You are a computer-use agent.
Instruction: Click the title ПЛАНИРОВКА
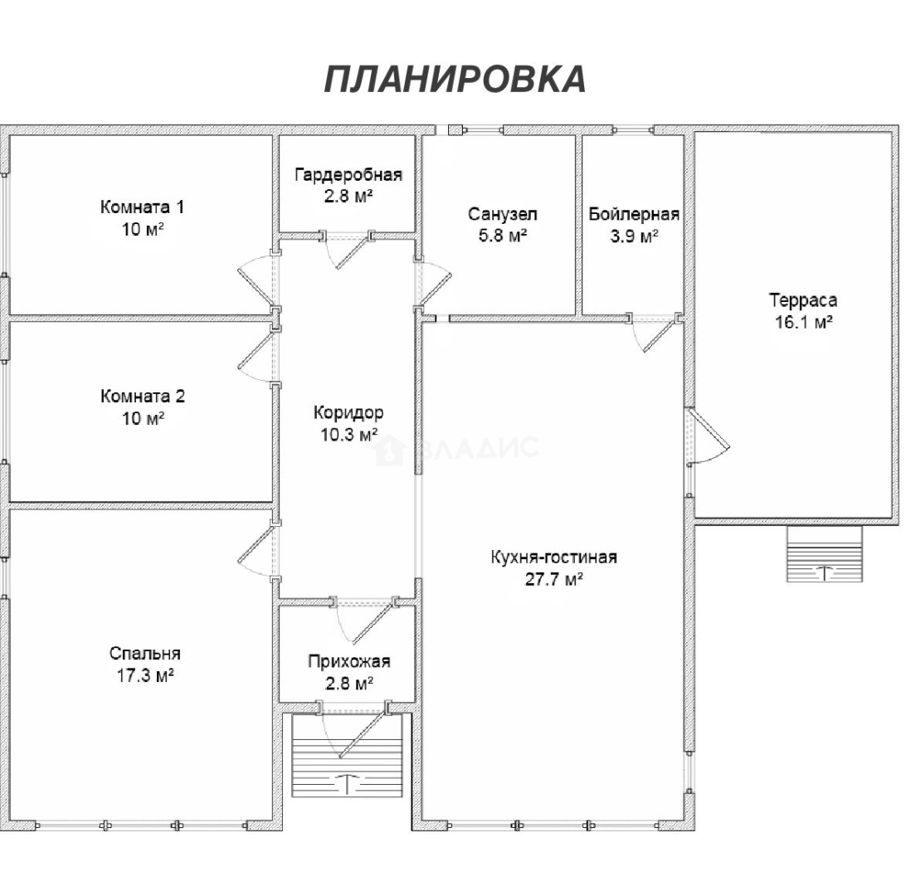click(x=455, y=79)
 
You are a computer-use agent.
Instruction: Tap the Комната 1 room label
click(x=143, y=206)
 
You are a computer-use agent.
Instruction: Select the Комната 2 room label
click(x=143, y=396)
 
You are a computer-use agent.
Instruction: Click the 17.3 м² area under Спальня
click(x=145, y=675)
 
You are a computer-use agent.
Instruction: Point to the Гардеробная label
click(x=348, y=174)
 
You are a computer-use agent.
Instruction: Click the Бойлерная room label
click(x=634, y=214)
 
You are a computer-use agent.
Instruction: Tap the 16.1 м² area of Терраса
click(x=802, y=322)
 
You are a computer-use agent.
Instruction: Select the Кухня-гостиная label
click(x=553, y=557)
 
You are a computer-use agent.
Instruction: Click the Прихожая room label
click(x=348, y=661)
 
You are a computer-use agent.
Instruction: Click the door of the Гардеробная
click(x=350, y=251)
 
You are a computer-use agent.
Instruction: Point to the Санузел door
click(x=433, y=282)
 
